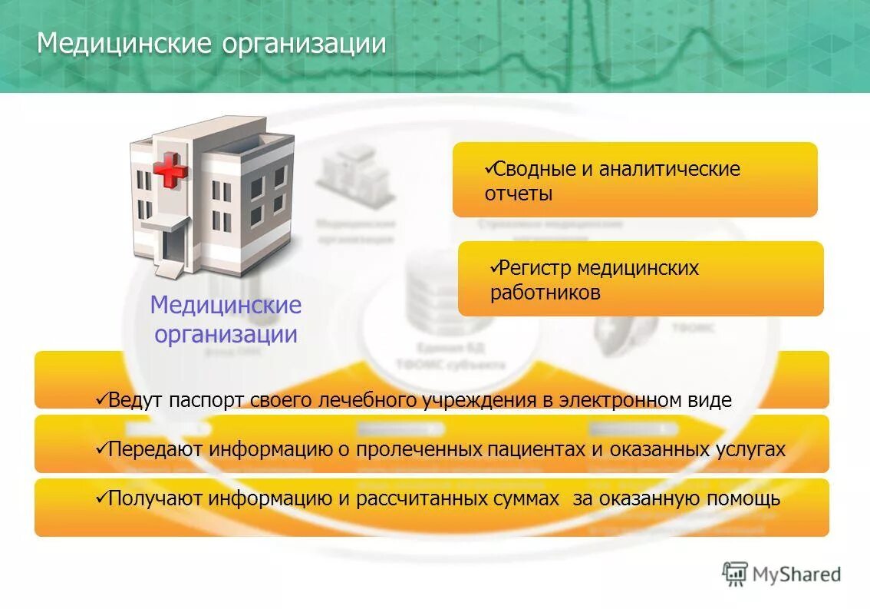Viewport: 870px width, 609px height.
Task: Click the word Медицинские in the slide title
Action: coord(124,43)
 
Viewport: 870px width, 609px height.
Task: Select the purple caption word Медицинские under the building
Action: coord(226,305)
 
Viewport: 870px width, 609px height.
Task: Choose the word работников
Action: coord(545,293)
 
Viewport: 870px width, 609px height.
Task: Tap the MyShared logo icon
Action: coord(735,574)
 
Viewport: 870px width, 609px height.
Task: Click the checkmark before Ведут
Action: coord(101,399)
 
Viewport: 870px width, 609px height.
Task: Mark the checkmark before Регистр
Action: coord(494,266)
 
